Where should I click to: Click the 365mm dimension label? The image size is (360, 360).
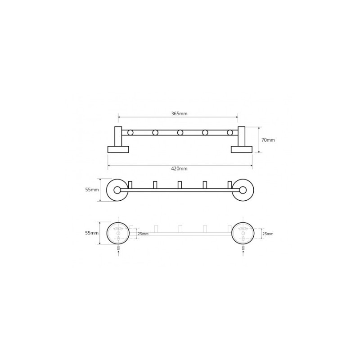[179, 113]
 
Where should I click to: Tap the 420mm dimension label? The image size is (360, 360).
[179, 168]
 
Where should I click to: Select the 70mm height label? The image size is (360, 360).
[268, 140]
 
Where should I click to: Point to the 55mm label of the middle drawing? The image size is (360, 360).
[92, 189]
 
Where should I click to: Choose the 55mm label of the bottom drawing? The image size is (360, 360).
[92, 233]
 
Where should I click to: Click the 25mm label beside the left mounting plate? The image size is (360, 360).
[143, 234]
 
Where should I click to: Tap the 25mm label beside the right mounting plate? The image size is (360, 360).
[268, 234]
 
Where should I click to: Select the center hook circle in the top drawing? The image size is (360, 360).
[180, 132]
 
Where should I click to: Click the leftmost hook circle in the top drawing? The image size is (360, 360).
[130, 132]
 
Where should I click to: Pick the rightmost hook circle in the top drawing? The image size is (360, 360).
[230, 132]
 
